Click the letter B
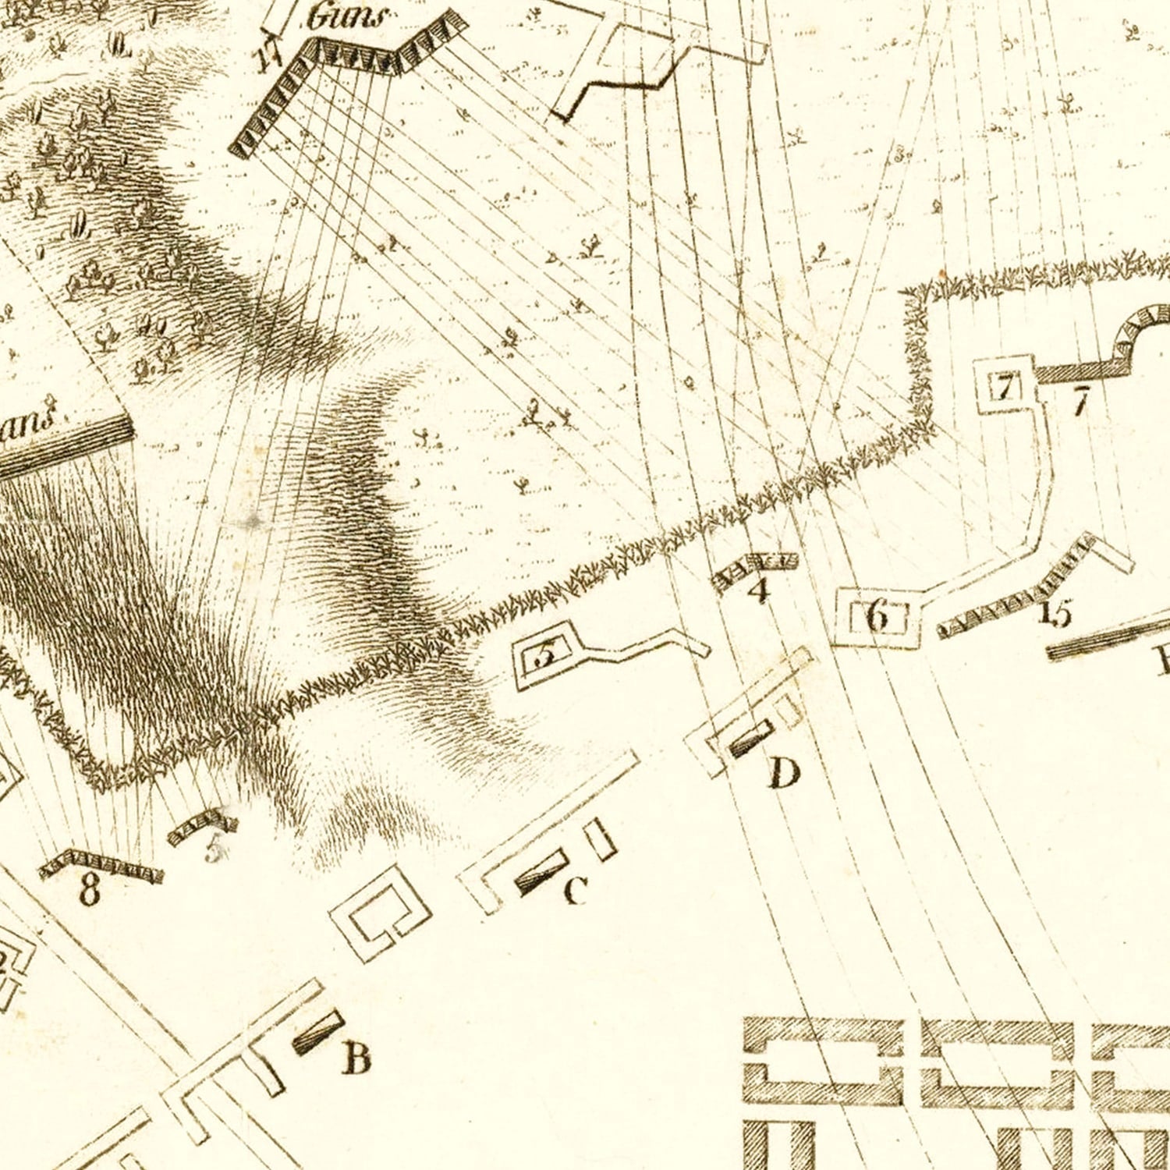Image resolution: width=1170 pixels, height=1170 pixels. (x=356, y=1058)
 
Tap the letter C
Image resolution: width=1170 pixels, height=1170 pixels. (x=575, y=890)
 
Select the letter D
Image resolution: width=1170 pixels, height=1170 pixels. (x=784, y=773)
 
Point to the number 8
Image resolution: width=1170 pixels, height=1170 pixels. (x=90, y=889)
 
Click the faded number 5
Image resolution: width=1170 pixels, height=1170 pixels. (x=214, y=849)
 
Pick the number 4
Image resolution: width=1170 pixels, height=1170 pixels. (x=758, y=590)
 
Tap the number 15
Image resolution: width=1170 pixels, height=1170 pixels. (x=1056, y=613)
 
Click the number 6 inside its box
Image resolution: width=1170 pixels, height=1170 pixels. (x=877, y=617)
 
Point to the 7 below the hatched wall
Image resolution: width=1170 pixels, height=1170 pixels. (x=1080, y=402)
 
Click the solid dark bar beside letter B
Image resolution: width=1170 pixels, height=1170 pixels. (x=318, y=1033)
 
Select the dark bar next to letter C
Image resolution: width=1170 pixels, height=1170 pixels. (x=541, y=872)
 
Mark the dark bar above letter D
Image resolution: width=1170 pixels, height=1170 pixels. (x=751, y=738)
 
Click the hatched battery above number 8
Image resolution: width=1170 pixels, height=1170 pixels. (x=101, y=864)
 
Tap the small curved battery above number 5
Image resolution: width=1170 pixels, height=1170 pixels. (x=202, y=826)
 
